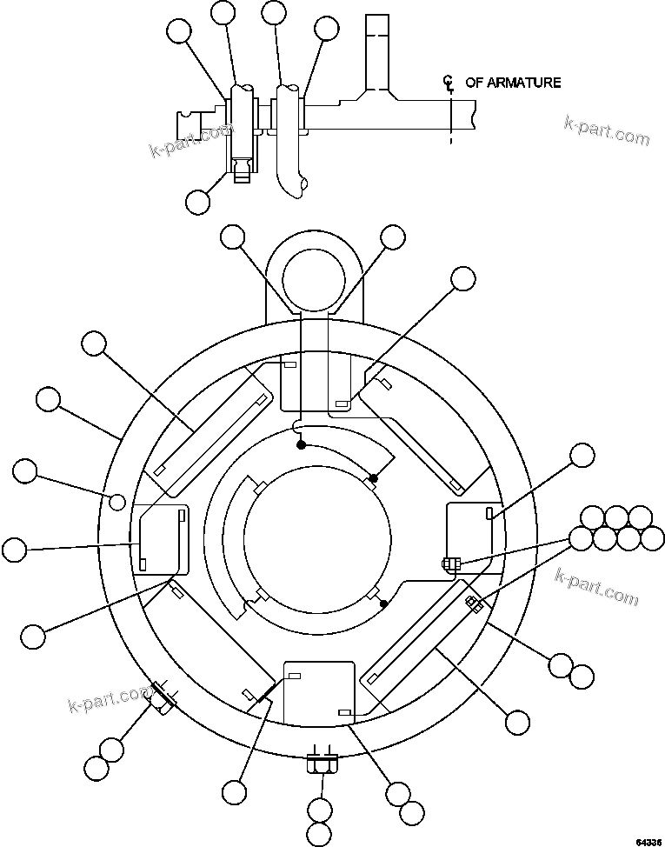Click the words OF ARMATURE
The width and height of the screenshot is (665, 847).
click(513, 83)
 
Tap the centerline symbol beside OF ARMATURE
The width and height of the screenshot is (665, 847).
click(449, 83)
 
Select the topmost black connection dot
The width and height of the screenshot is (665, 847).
click(301, 444)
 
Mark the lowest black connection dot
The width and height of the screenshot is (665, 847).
click(383, 603)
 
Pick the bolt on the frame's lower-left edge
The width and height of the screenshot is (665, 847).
click(161, 697)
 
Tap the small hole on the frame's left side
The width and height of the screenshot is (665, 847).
click(116, 500)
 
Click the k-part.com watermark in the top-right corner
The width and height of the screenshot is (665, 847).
click(606, 130)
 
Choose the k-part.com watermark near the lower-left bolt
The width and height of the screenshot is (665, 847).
click(109, 698)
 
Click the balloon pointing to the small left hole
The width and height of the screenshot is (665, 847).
click(25, 471)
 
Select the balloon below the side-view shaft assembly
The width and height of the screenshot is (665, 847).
click(198, 201)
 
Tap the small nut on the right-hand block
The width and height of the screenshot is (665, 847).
click(449, 564)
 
